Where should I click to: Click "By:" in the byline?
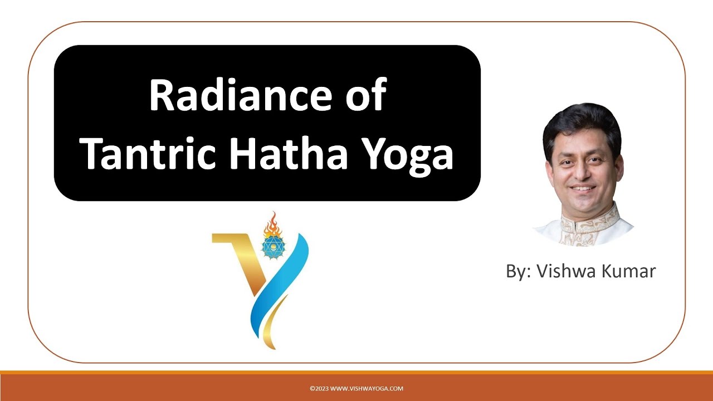519,272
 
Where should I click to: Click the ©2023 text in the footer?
319,389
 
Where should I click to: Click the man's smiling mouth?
583,188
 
